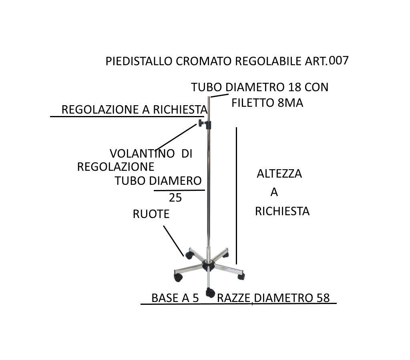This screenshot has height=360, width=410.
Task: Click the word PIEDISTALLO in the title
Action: coord(139,61)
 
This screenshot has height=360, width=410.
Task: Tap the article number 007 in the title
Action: coord(339,61)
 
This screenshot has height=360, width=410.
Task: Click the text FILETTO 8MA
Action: coord(267,103)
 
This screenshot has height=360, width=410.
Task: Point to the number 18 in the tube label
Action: coord(294,87)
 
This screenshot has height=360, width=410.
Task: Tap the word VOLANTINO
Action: coord(142,154)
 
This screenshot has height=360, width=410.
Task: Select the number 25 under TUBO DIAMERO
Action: coord(175,198)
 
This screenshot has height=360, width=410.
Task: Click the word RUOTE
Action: coord(151,214)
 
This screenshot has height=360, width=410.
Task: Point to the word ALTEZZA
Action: coord(279,174)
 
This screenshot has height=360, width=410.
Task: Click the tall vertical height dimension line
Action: coord(236,196)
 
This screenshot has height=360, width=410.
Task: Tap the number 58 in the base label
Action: coord(323,298)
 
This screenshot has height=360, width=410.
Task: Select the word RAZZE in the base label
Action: coord(233,298)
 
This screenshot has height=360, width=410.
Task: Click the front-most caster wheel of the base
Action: coord(210,292)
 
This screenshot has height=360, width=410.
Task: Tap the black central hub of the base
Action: coord(208,265)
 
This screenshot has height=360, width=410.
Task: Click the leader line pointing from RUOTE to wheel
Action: coord(174,241)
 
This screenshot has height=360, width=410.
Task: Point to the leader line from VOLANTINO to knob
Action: coord(176,137)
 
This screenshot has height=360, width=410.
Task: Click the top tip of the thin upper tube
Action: coord(209,97)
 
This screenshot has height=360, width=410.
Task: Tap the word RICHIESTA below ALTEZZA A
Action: coord(282,211)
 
